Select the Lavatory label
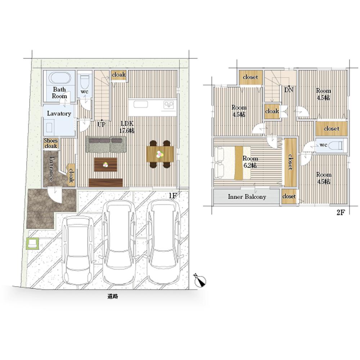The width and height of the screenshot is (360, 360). coord(59,113)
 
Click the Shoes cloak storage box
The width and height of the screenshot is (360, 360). coord(51,143)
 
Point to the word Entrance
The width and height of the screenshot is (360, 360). coord(51,168)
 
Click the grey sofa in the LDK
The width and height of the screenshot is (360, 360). coord(106,144)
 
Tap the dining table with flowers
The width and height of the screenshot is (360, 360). coord(160,154)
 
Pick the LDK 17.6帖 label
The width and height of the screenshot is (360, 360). coord(127,127)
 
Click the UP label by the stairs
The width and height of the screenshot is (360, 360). coord(102,125)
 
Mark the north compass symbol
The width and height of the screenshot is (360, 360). coord(200,280)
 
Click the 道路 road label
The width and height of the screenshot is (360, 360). coord(112,296)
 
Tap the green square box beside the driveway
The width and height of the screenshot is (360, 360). coord(32,243)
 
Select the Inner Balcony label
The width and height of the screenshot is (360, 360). coord(247,197)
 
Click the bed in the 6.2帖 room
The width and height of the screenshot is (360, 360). coord(232,163)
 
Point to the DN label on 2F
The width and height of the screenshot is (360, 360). coord(289,90)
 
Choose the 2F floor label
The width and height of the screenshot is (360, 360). coord(341,213)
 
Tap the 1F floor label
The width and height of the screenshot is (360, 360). coord(173,196)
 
